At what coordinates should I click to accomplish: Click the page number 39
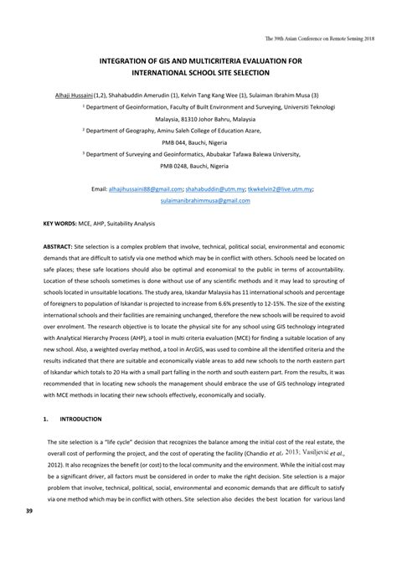(30, 534)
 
